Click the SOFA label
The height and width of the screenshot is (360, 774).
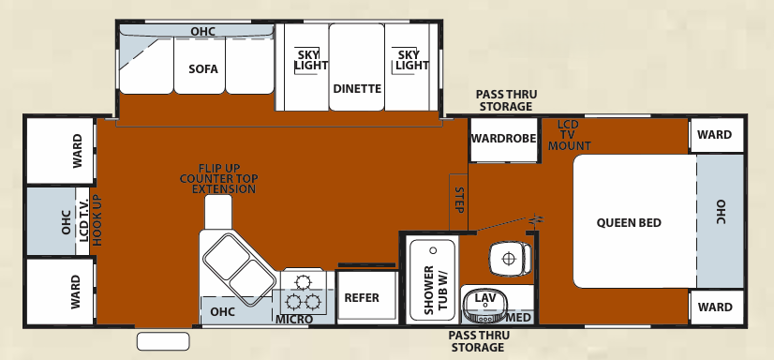202,68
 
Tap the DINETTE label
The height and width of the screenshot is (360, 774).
357,89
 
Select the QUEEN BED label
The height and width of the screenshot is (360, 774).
629,223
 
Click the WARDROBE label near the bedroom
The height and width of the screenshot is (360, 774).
503,138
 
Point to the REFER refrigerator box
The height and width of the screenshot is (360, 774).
362,298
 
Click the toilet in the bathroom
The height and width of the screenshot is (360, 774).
508,258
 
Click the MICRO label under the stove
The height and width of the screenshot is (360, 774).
293,320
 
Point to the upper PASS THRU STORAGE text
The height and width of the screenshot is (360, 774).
506,100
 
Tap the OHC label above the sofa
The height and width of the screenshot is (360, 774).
202,32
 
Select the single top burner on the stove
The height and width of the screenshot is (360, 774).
302,281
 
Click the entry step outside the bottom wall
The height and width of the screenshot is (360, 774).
163,339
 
